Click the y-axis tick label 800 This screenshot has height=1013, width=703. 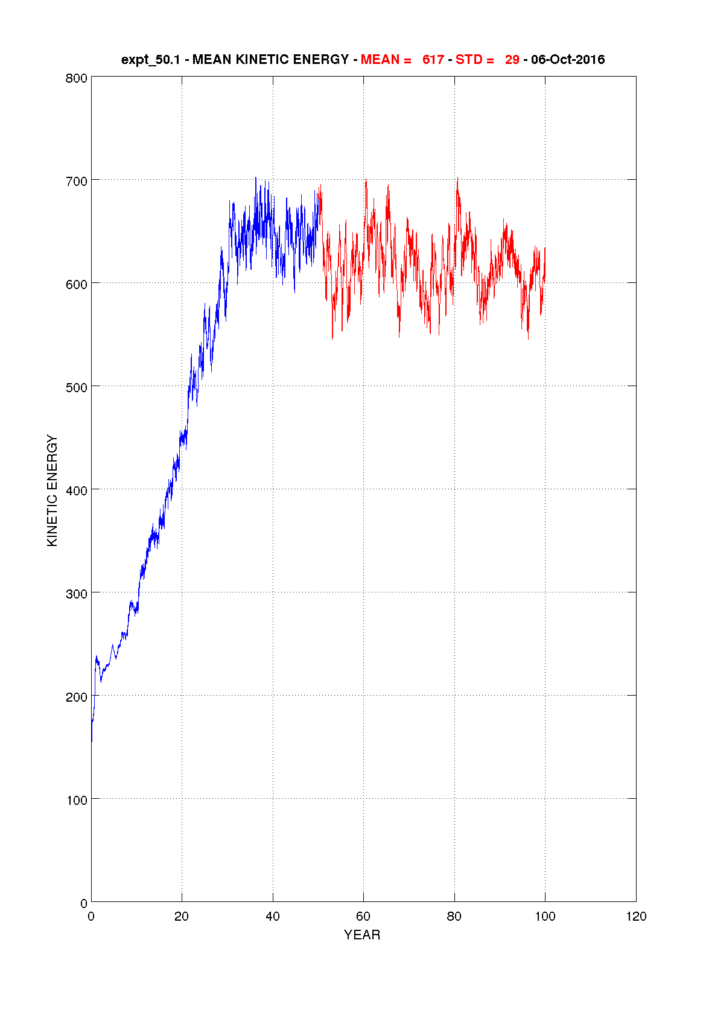click(x=77, y=78)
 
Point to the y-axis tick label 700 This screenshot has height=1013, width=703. click(x=77, y=181)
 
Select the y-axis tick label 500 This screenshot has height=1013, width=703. click(x=77, y=387)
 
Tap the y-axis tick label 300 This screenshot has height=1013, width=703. click(x=77, y=594)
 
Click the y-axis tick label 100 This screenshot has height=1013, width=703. click(x=77, y=800)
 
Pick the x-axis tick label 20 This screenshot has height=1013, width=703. click(x=182, y=916)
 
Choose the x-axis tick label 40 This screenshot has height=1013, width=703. click(x=273, y=916)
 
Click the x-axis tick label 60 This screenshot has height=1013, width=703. click(x=363, y=916)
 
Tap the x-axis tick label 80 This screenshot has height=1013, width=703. click(x=454, y=916)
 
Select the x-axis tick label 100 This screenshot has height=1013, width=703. click(x=545, y=916)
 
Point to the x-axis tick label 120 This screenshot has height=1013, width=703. click(x=636, y=916)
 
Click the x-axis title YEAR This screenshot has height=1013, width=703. click(x=362, y=935)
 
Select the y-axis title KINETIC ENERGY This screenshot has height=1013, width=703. click(x=52, y=491)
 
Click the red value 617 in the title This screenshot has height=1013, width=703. click(x=433, y=60)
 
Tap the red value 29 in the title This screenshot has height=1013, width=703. click(x=512, y=60)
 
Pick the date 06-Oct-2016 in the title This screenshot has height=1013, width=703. click(x=568, y=60)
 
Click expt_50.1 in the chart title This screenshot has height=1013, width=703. click(x=150, y=60)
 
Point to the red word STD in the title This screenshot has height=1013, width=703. click(x=469, y=60)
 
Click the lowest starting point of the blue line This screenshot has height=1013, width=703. click(x=92, y=741)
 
